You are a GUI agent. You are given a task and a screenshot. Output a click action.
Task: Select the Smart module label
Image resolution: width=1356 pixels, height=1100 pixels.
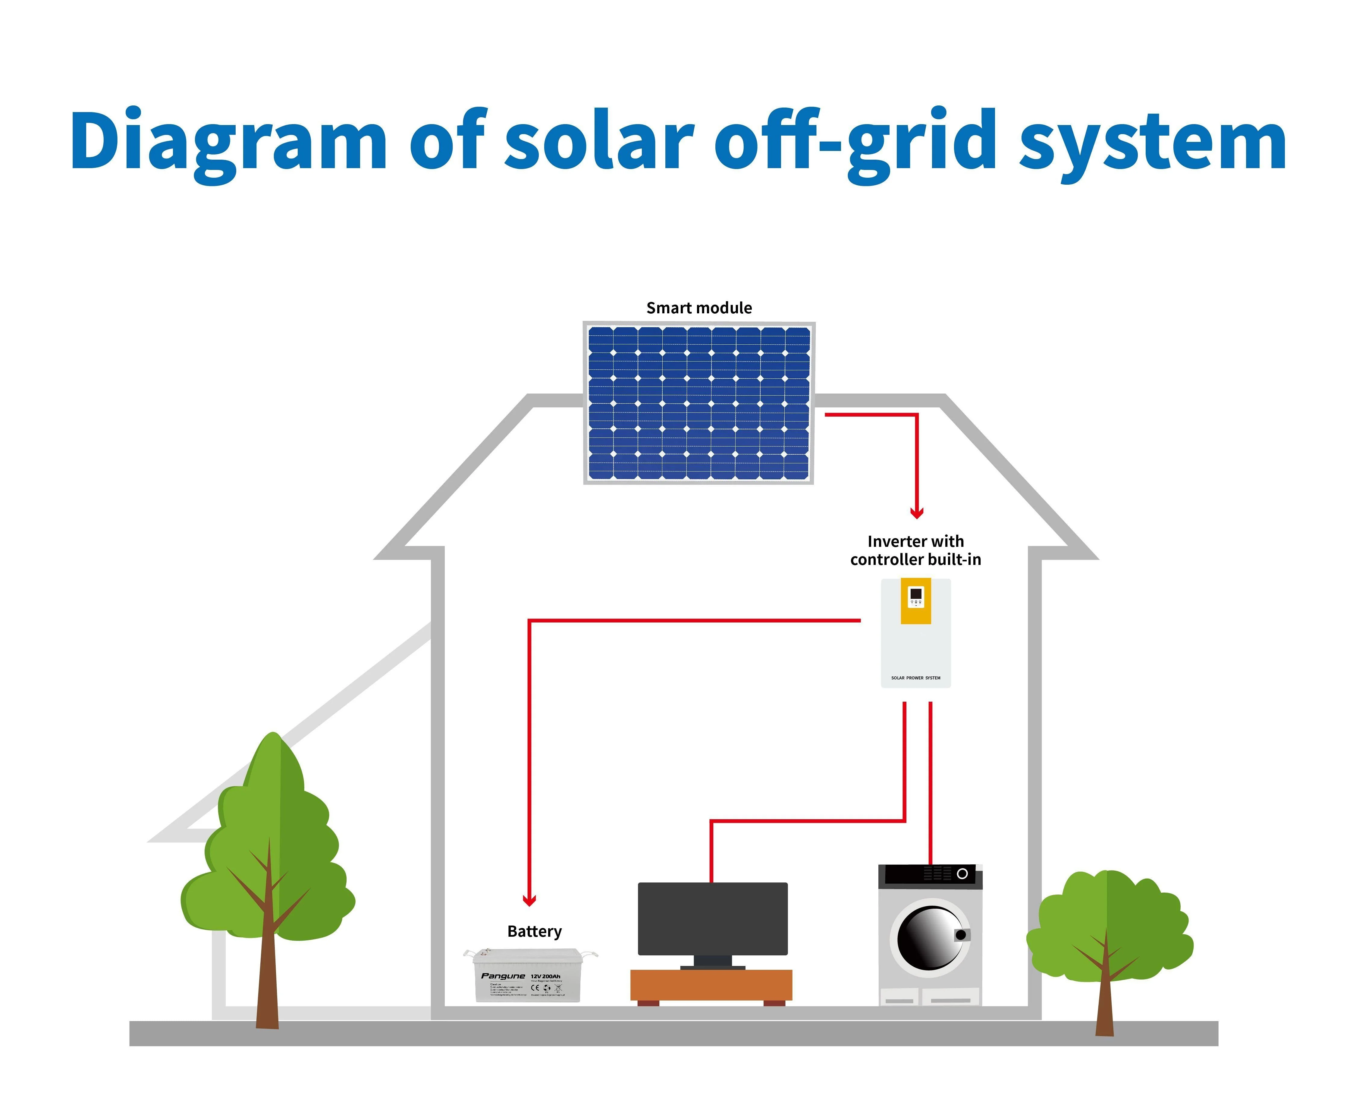click(699, 308)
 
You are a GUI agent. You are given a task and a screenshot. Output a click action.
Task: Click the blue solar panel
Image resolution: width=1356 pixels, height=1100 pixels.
click(699, 403)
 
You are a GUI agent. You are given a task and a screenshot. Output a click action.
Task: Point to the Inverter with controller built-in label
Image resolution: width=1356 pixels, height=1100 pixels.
click(916, 550)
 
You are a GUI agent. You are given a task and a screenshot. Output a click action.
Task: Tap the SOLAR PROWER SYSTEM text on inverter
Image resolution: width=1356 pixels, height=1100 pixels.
click(916, 678)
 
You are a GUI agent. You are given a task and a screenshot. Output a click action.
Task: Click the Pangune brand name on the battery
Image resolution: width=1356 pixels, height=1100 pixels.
click(503, 976)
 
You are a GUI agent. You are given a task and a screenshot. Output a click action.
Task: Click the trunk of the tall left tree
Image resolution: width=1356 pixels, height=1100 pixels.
click(268, 976)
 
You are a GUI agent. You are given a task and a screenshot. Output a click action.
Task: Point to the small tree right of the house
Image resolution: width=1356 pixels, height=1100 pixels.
click(1108, 932)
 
